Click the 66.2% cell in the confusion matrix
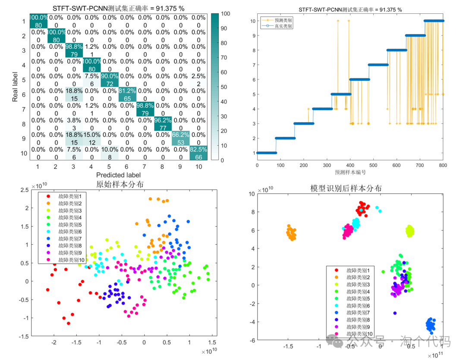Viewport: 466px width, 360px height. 181,139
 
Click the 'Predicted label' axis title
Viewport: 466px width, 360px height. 119,175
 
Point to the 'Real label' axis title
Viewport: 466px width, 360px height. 15,87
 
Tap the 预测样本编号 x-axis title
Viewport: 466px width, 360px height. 350,172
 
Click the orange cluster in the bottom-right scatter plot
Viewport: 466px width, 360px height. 291,233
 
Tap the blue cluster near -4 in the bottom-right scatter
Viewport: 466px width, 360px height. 431,324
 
